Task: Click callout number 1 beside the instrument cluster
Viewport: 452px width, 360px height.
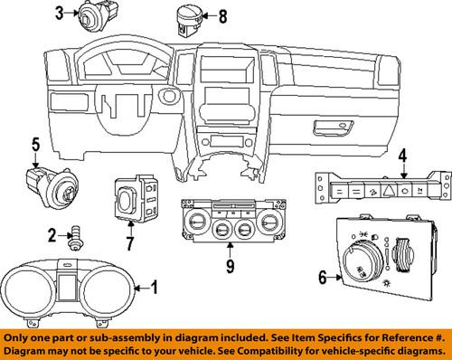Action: (154, 289)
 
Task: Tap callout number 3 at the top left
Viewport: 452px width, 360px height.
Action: (60, 13)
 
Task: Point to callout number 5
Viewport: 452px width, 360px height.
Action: (35, 143)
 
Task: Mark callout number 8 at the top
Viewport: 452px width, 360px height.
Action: (222, 15)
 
